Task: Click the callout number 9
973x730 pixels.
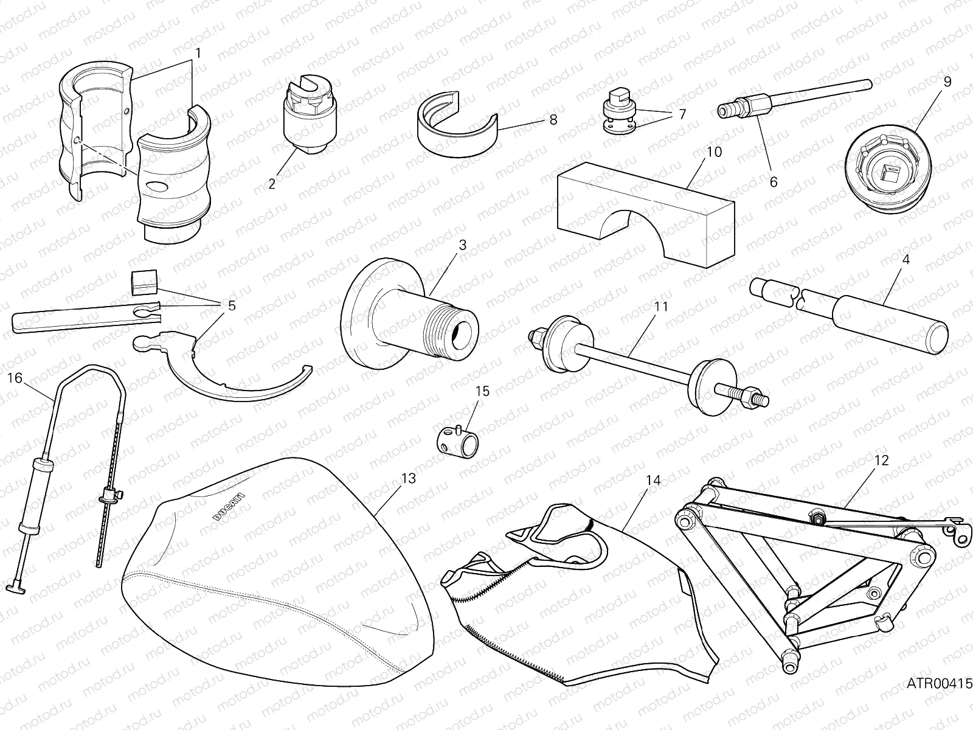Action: pos(947,81)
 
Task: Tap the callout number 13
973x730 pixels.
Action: pos(409,479)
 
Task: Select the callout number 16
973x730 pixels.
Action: pos(15,378)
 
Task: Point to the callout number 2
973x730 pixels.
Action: pos(272,183)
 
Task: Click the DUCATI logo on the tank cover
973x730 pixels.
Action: pos(230,506)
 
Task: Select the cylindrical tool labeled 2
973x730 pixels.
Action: pos(306,116)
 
